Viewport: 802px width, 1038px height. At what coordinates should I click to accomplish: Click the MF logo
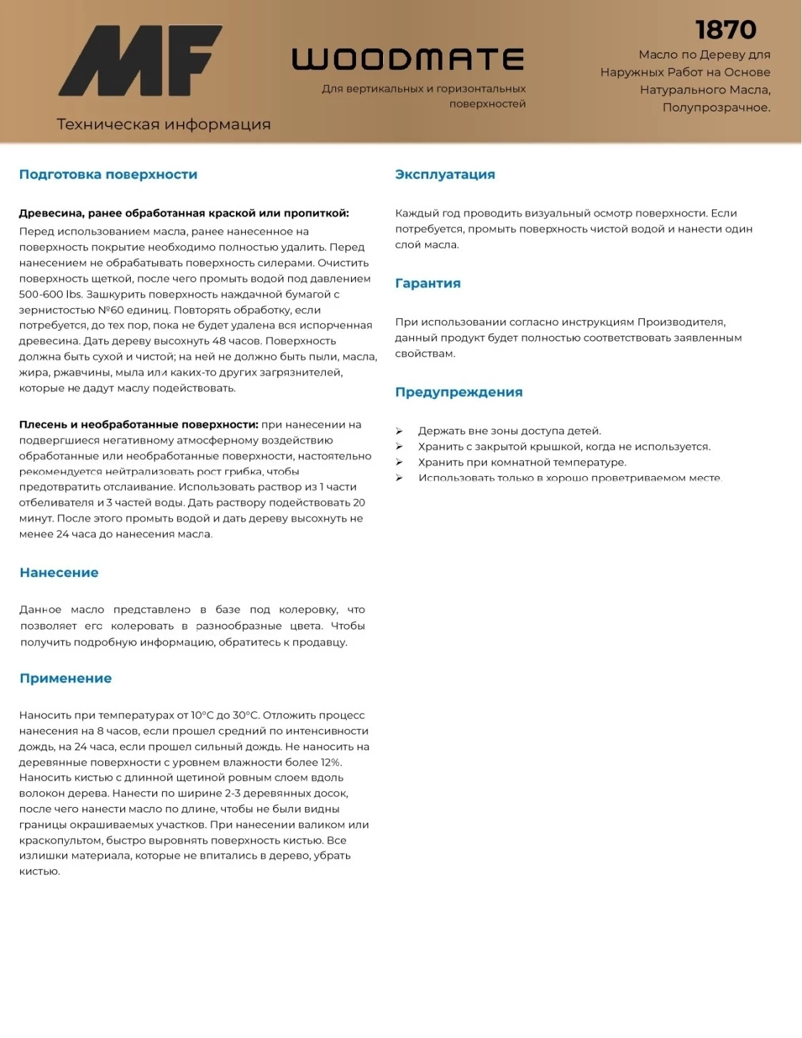coord(140,61)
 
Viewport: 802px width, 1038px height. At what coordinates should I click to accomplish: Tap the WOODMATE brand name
coord(408,59)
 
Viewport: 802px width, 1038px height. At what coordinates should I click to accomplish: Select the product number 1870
coord(726,30)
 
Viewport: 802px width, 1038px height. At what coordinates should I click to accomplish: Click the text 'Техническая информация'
coord(164,124)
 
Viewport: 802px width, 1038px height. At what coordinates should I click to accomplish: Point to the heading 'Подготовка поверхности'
coord(108,174)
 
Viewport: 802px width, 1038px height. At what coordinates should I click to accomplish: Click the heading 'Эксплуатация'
coord(445,174)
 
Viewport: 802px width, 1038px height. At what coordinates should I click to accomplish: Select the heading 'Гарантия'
coord(427,283)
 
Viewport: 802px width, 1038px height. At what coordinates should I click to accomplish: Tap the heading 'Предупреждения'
coord(458,392)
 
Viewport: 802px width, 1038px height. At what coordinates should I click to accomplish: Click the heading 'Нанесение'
coord(59,573)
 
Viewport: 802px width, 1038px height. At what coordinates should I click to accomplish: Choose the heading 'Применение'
coord(65,678)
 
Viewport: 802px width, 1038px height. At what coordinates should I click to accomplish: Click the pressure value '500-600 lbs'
coord(50,295)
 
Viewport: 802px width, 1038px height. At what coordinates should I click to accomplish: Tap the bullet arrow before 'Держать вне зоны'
coord(400,431)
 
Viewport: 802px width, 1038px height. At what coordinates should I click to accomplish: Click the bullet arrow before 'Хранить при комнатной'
coord(400,463)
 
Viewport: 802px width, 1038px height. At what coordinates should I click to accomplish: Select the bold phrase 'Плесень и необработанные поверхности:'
coord(138,425)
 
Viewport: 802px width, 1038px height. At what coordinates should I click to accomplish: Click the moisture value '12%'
coord(331,762)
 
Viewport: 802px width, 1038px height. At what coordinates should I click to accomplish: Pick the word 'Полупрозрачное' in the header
coord(716,108)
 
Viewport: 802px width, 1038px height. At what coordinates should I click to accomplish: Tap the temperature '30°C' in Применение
coord(244,716)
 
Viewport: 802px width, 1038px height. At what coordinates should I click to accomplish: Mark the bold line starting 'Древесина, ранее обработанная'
coord(184,213)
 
